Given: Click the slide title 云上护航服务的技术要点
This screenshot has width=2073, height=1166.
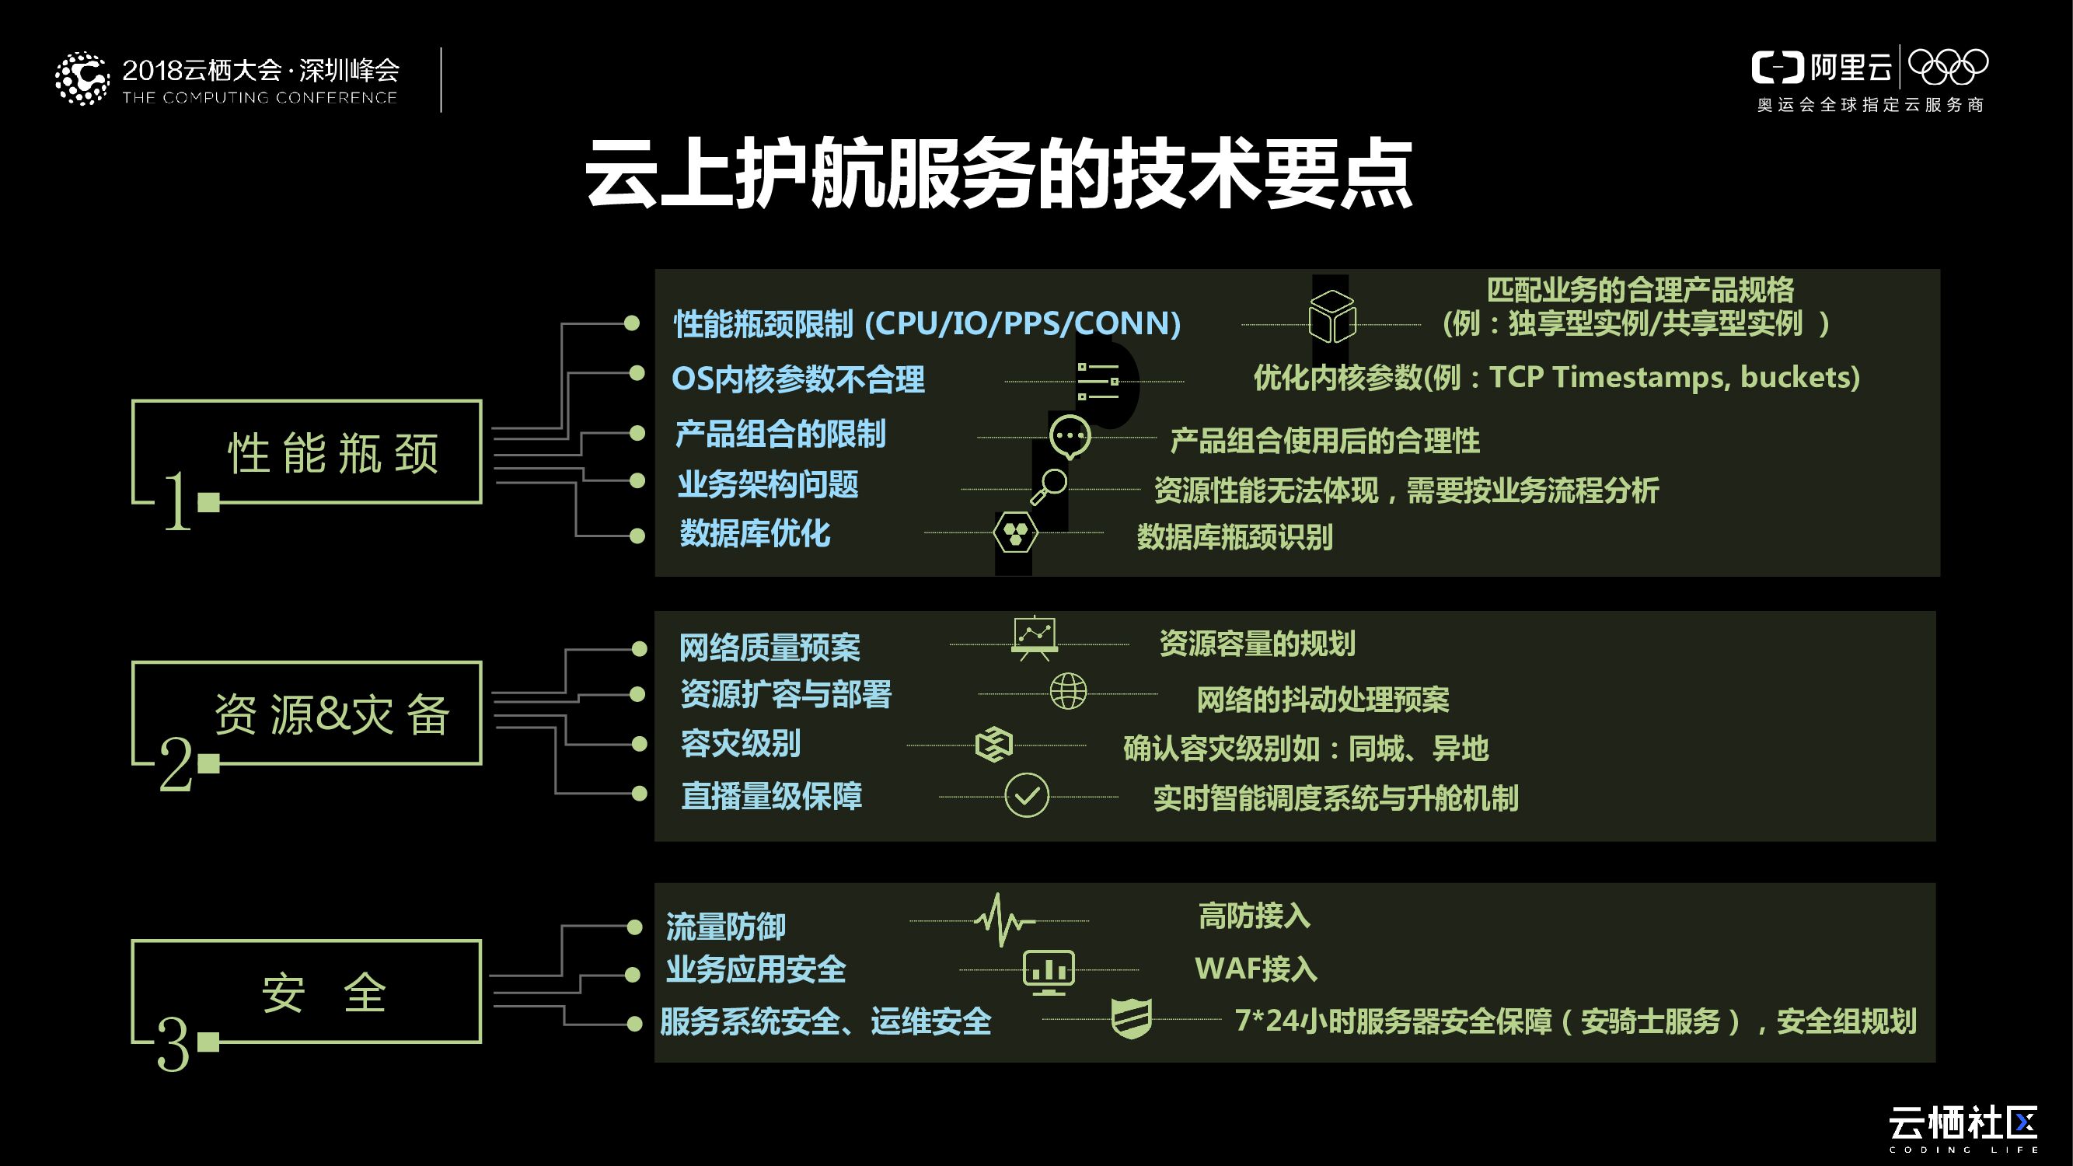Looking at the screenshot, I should click(999, 174).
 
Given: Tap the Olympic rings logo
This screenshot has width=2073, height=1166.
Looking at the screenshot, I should click(1947, 67).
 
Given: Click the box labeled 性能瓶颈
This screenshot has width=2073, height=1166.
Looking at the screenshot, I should click(306, 452).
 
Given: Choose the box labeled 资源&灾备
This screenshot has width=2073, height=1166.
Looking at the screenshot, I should click(306, 713).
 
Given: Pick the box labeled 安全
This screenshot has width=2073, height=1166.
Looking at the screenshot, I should click(306, 991).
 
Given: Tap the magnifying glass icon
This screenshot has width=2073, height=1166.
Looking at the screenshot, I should click(1049, 486).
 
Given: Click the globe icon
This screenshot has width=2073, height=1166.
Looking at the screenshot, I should click(1068, 691).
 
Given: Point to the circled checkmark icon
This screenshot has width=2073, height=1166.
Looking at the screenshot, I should click(1027, 796).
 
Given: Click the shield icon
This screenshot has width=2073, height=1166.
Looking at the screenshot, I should click(1131, 1019).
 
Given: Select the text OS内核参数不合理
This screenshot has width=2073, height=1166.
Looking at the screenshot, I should click(797, 379).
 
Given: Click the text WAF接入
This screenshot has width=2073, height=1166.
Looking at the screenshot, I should click(1255, 969).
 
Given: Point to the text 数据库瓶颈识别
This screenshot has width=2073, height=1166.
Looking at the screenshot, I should click(1234, 536).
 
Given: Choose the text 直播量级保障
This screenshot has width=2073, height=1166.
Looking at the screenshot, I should click(771, 796).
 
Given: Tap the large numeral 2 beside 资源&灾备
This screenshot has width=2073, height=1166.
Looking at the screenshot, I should click(176, 765).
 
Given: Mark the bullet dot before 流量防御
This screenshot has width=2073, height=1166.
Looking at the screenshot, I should click(635, 928).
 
